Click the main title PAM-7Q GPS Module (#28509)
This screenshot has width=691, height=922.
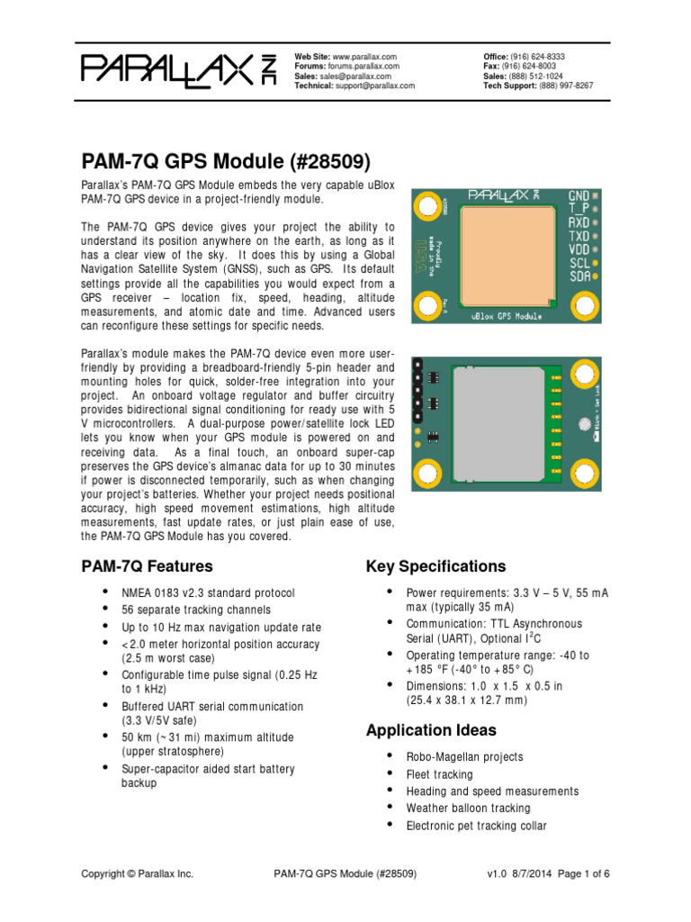225,161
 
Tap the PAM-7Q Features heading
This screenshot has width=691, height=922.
147,566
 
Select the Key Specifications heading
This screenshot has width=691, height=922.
435,566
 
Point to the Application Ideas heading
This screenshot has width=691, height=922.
431,730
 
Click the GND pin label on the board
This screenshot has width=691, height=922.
579,195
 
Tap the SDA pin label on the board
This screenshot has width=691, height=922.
579,278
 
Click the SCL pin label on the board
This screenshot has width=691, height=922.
579,265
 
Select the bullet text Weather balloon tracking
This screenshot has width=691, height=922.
468,809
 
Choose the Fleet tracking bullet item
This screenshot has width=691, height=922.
439,774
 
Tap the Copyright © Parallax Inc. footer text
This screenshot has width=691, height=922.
137,873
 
